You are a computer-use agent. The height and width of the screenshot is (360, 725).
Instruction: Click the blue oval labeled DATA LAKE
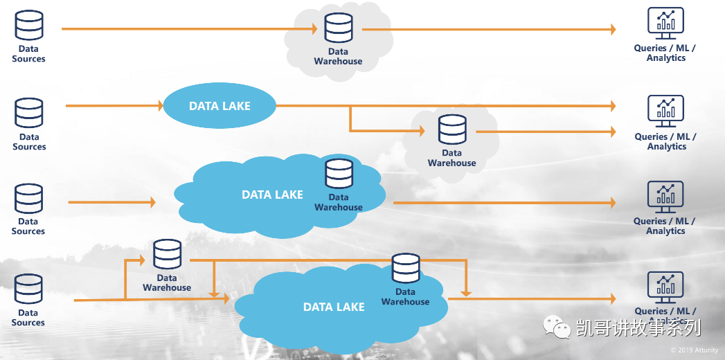[x=220, y=106]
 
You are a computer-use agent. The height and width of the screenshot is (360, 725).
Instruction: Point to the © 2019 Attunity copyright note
[x=694, y=350]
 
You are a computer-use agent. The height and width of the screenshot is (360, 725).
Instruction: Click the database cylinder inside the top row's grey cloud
[x=339, y=28]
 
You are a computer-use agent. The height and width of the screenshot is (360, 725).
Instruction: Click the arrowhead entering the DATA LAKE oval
[x=158, y=106]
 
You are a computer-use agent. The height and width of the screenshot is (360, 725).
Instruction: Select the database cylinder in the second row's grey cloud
[x=452, y=129]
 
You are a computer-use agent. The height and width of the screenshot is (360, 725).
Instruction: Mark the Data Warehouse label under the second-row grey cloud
[x=452, y=159]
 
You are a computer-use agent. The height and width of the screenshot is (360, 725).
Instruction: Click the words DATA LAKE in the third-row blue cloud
[x=272, y=195]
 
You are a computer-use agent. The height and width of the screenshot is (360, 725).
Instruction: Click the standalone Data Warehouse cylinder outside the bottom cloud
[x=167, y=255]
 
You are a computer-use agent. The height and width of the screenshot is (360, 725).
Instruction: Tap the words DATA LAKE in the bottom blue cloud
[x=334, y=307]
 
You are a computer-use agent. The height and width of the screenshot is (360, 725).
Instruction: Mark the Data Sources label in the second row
[x=29, y=142]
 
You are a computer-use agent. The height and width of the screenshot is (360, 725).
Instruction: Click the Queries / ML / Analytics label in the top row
[x=665, y=53]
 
